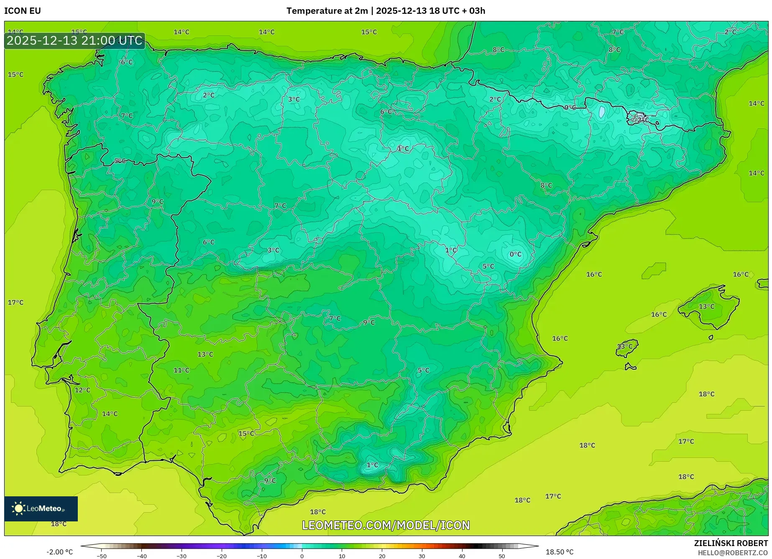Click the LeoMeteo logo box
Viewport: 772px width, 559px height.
click(x=41, y=508)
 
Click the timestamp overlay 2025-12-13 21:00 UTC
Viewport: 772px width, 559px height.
click(x=74, y=41)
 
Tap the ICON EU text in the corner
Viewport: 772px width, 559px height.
click(x=23, y=11)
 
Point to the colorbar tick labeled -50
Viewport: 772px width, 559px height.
click(x=102, y=556)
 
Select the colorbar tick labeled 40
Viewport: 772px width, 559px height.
click(x=462, y=556)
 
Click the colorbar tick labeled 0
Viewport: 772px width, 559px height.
click(x=302, y=556)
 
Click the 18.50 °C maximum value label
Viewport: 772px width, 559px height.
click(x=560, y=552)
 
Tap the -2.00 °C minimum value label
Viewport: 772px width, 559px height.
click(x=60, y=552)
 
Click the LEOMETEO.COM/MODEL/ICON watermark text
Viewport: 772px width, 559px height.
click(x=386, y=525)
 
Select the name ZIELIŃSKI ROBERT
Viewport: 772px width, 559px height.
click(x=731, y=543)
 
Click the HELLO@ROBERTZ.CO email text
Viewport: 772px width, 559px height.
click(x=732, y=553)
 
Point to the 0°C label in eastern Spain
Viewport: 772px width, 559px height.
click(x=515, y=254)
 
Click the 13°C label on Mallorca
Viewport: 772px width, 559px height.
click(x=706, y=306)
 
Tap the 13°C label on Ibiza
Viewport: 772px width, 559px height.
click(x=625, y=346)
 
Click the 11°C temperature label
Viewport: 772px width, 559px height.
click(x=181, y=370)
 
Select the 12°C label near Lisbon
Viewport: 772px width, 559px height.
click(x=82, y=390)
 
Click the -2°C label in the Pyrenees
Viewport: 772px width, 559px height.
click(x=640, y=119)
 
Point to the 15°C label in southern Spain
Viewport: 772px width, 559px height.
click(x=246, y=433)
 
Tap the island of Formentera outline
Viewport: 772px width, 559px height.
click(x=630, y=367)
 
